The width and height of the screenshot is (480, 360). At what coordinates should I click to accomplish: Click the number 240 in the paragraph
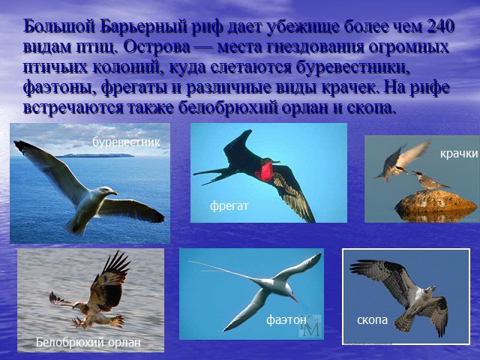439,27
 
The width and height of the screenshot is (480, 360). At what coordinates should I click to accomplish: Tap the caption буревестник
127,142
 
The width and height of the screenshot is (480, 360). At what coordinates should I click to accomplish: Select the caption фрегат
229,206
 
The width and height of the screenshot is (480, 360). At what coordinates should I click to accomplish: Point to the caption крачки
459,153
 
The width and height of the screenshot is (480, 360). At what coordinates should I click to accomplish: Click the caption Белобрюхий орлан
88,342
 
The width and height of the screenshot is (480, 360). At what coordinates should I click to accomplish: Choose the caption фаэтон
286,320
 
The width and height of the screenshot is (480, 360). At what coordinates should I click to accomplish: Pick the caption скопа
372,320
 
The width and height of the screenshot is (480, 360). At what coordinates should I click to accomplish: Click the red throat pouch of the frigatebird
264,172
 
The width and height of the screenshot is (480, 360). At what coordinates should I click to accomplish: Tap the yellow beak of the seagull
113,193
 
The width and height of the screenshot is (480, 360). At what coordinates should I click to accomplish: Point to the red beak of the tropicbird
294,298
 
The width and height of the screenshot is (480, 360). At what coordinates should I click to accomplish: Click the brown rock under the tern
436,202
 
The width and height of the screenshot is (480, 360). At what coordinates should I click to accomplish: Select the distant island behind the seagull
95,155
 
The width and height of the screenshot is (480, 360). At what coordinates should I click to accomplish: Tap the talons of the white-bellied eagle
78,322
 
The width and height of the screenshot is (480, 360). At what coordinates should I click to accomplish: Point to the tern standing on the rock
428,181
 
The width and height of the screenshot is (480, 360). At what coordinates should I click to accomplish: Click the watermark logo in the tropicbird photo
310,325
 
